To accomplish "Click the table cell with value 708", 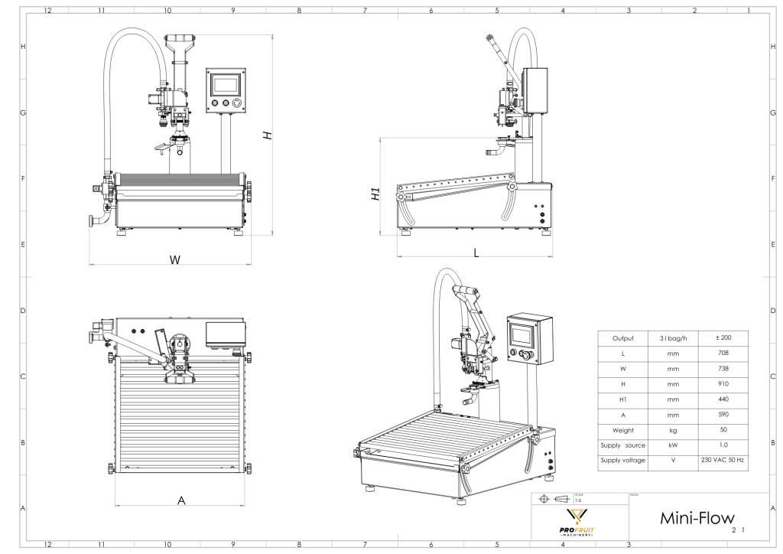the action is tap(723, 354).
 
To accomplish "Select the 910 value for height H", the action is tap(723, 384).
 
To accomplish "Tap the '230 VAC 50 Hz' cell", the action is tap(723, 460).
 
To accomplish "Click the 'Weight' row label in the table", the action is tap(622, 429).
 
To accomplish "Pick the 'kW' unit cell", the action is tap(673, 445).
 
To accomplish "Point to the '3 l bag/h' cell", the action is tap(673, 338).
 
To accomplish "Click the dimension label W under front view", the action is tap(175, 260).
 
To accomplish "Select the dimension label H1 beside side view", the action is tap(375, 194).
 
